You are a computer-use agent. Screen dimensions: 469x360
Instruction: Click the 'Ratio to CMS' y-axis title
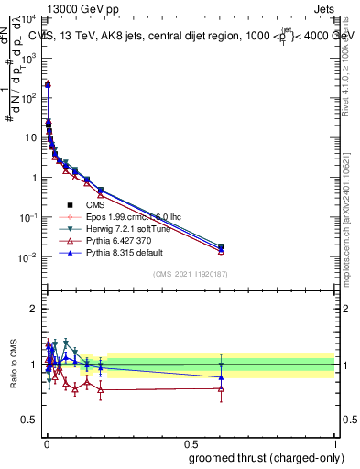[13, 365]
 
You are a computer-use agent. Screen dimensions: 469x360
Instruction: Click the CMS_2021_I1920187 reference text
[190, 274]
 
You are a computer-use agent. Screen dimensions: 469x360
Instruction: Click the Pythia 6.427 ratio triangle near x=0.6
[221, 388]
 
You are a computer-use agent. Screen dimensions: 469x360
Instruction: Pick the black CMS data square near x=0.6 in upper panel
[221, 246]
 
